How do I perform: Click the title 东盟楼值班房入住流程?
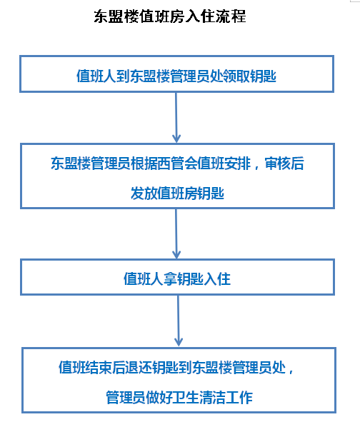170,16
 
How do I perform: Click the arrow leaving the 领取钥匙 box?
176,118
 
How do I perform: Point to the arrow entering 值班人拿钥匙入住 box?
176,233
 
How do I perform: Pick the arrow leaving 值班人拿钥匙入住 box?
178,321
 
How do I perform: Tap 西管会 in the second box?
177,164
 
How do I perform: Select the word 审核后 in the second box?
284,164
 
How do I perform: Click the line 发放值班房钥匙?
177,194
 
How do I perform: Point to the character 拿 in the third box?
171,279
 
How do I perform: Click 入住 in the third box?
217,279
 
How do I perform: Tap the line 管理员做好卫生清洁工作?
179,397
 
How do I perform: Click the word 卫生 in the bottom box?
186,397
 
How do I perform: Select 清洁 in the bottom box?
212,397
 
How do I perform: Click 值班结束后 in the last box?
92,367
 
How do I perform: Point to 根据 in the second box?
144,164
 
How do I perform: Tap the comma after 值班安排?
256,166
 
